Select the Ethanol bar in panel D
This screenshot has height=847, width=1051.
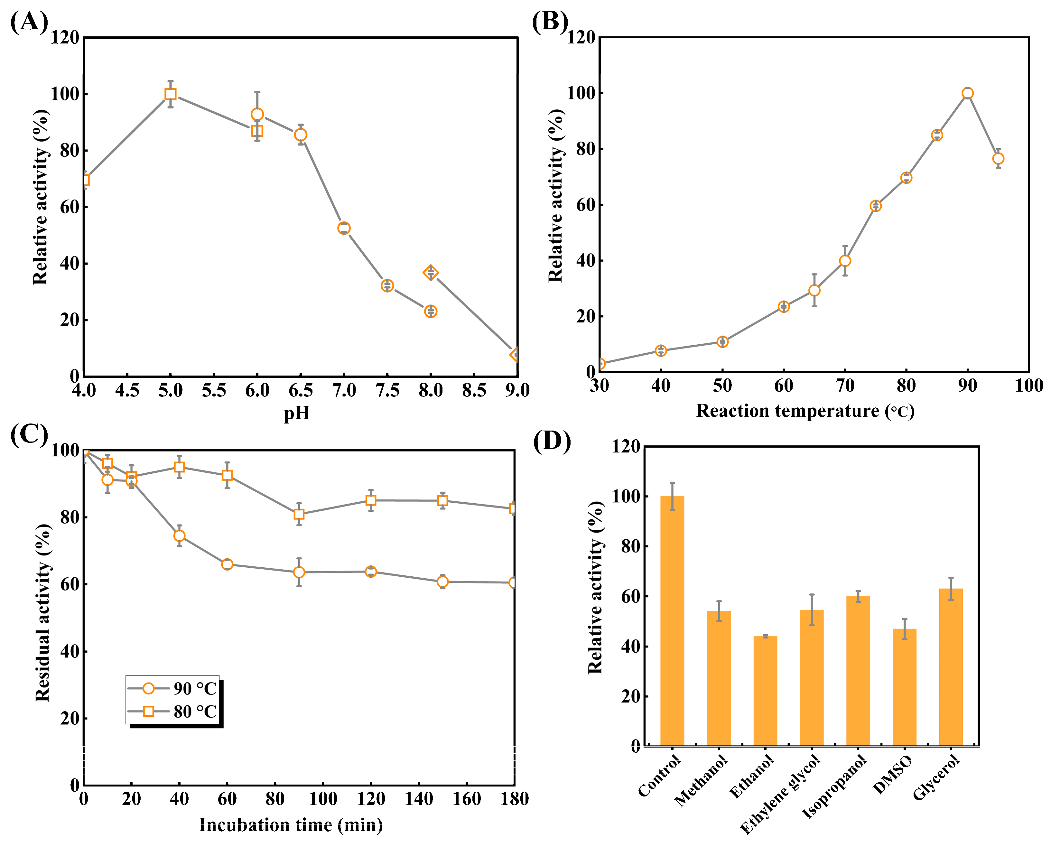tap(765, 690)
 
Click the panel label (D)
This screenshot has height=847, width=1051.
tap(551, 441)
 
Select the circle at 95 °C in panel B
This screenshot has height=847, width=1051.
tap(998, 159)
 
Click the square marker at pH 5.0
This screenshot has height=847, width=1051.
tap(170, 94)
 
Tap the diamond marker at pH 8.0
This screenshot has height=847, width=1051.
tap(430, 273)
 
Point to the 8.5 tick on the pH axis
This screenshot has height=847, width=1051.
tap(474, 390)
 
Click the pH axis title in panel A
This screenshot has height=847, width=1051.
tap(297, 414)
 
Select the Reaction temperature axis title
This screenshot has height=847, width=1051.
tap(805, 411)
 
